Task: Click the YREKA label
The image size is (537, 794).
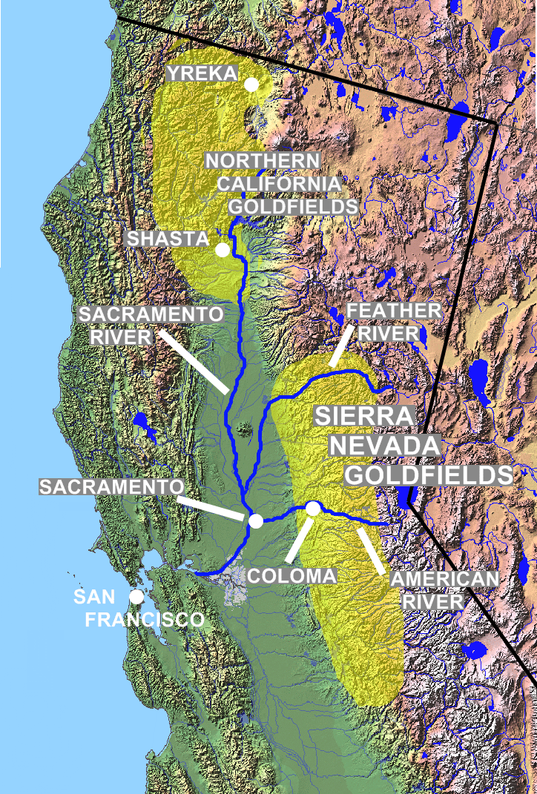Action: [201, 73]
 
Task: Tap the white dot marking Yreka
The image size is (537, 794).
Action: [251, 85]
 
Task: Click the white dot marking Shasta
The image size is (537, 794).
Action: [222, 250]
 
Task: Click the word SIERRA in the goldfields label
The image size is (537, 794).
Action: [363, 416]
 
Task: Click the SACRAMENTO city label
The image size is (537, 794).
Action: [112, 486]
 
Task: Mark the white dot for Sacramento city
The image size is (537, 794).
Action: [256, 520]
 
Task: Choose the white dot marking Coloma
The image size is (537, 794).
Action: [313, 509]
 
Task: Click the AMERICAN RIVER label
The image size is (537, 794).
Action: [433, 590]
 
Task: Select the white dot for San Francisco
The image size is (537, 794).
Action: [136, 596]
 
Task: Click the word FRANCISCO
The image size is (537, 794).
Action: [144, 619]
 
